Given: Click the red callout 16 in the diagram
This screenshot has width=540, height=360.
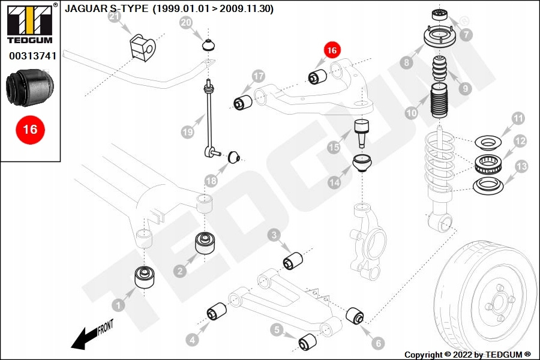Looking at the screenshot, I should (x=332, y=50).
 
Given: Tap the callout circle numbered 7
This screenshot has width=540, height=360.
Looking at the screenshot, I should (x=467, y=35).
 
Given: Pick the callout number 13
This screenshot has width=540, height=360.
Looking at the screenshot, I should (x=521, y=166).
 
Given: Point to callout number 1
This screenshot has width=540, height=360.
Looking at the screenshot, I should (x=119, y=306).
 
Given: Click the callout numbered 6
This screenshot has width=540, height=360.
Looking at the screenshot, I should (x=377, y=343).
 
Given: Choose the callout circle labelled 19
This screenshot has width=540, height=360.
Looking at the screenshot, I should (x=188, y=131).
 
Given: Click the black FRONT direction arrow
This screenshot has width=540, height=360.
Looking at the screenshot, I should (x=84, y=340).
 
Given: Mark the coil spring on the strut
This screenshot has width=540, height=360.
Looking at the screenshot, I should (x=443, y=165).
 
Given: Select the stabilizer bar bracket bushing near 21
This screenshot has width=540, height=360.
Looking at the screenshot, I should (x=142, y=46).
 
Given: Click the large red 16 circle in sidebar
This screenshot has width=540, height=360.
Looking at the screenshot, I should (x=30, y=129).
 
